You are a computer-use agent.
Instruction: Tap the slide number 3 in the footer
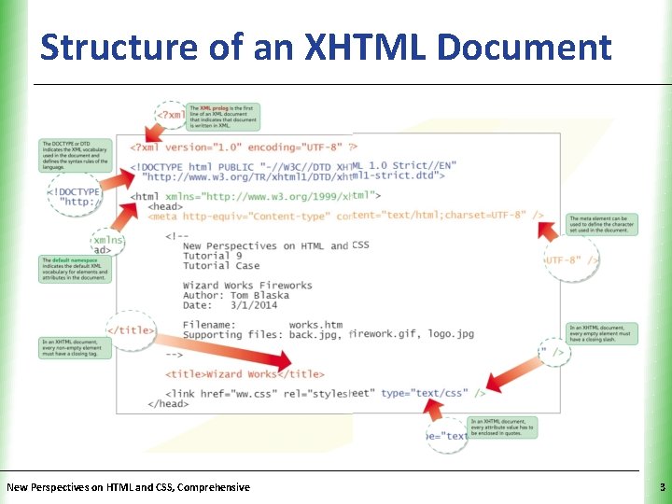(661, 487)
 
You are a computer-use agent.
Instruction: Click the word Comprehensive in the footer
(207, 487)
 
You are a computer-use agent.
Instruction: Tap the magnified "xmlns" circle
(108, 245)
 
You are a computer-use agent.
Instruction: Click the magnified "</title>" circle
(130, 330)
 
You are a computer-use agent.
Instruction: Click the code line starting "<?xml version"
(243, 147)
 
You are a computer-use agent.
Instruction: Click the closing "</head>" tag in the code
(167, 404)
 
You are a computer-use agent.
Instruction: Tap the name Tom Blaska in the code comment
(260, 295)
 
